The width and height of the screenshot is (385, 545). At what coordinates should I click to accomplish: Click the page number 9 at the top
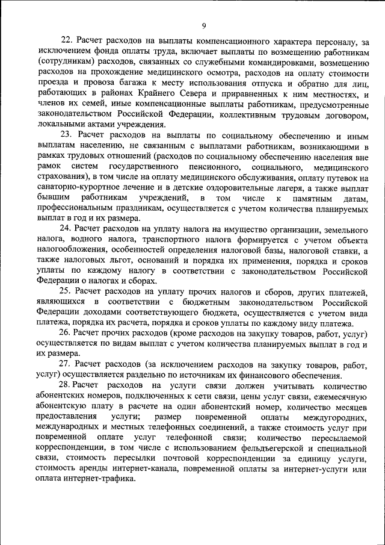coord(204,25)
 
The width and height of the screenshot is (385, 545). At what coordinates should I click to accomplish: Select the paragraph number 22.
coord(67,41)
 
